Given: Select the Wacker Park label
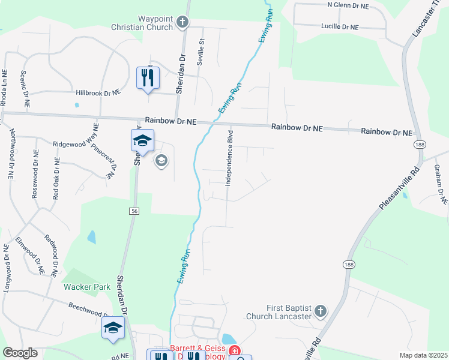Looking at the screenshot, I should coord(88,287).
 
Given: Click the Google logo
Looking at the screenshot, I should coord(20,353).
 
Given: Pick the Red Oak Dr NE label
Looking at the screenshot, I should coord(56,179).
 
